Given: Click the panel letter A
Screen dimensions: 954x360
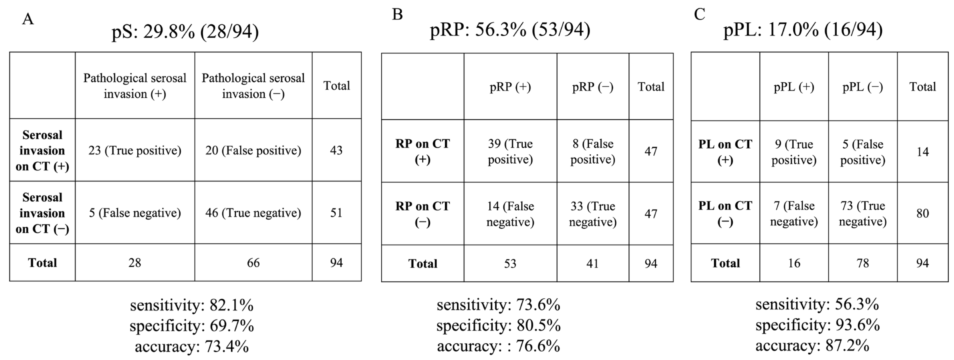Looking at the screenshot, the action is click(28, 19).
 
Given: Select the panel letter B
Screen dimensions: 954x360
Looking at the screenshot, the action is click(397, 14).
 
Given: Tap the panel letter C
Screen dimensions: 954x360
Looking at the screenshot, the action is click(700, 14).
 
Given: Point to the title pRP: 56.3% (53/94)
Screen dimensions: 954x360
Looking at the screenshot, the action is click(510, 30).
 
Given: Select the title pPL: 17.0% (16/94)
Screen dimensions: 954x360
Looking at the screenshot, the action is click(803, 30).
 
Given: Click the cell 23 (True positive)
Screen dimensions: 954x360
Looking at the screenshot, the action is click(135, 150).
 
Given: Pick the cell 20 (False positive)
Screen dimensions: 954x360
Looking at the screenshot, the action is click(253, 150).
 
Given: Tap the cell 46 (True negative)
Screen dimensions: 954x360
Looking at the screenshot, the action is click(253, 213).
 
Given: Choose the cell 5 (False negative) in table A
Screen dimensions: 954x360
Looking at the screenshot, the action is click(135, 213).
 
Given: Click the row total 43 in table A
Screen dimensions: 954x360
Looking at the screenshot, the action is click(336, 150).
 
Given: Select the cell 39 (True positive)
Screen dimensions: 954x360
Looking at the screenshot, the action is click(510, 151).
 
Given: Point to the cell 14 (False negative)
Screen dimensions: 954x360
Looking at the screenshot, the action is click(510, 214).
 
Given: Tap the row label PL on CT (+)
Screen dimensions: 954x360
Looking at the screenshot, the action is click(725, 152).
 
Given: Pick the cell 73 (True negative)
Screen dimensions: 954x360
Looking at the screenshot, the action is click(863, 213).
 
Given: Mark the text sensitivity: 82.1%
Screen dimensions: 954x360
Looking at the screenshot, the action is click(192, 305).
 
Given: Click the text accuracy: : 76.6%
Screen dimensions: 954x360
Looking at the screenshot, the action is click(498, 346).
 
